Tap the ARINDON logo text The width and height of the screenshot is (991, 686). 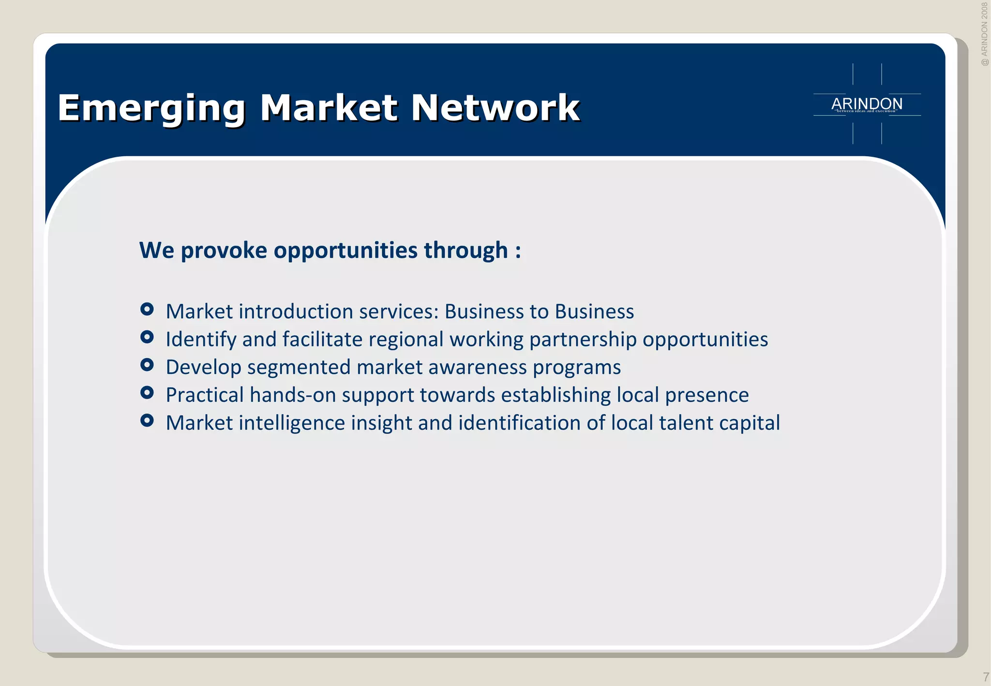[867, 104]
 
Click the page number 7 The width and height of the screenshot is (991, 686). [985, 677]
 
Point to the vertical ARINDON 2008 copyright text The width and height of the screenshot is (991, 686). [984, 34]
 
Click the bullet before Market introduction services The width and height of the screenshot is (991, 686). [147, 309]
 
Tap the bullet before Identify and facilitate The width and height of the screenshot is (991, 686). [147, 337]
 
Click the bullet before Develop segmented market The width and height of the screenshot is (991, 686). [147, 365]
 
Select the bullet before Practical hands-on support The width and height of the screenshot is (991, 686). [147, 393]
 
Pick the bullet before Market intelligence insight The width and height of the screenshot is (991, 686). [147, 421]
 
